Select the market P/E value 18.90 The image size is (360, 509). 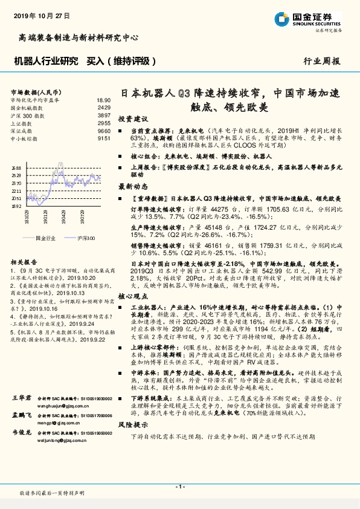103,100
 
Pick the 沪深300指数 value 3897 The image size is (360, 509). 104,115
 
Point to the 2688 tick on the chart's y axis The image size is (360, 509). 16,167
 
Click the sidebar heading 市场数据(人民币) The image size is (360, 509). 34,91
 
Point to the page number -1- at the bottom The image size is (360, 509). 179,486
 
